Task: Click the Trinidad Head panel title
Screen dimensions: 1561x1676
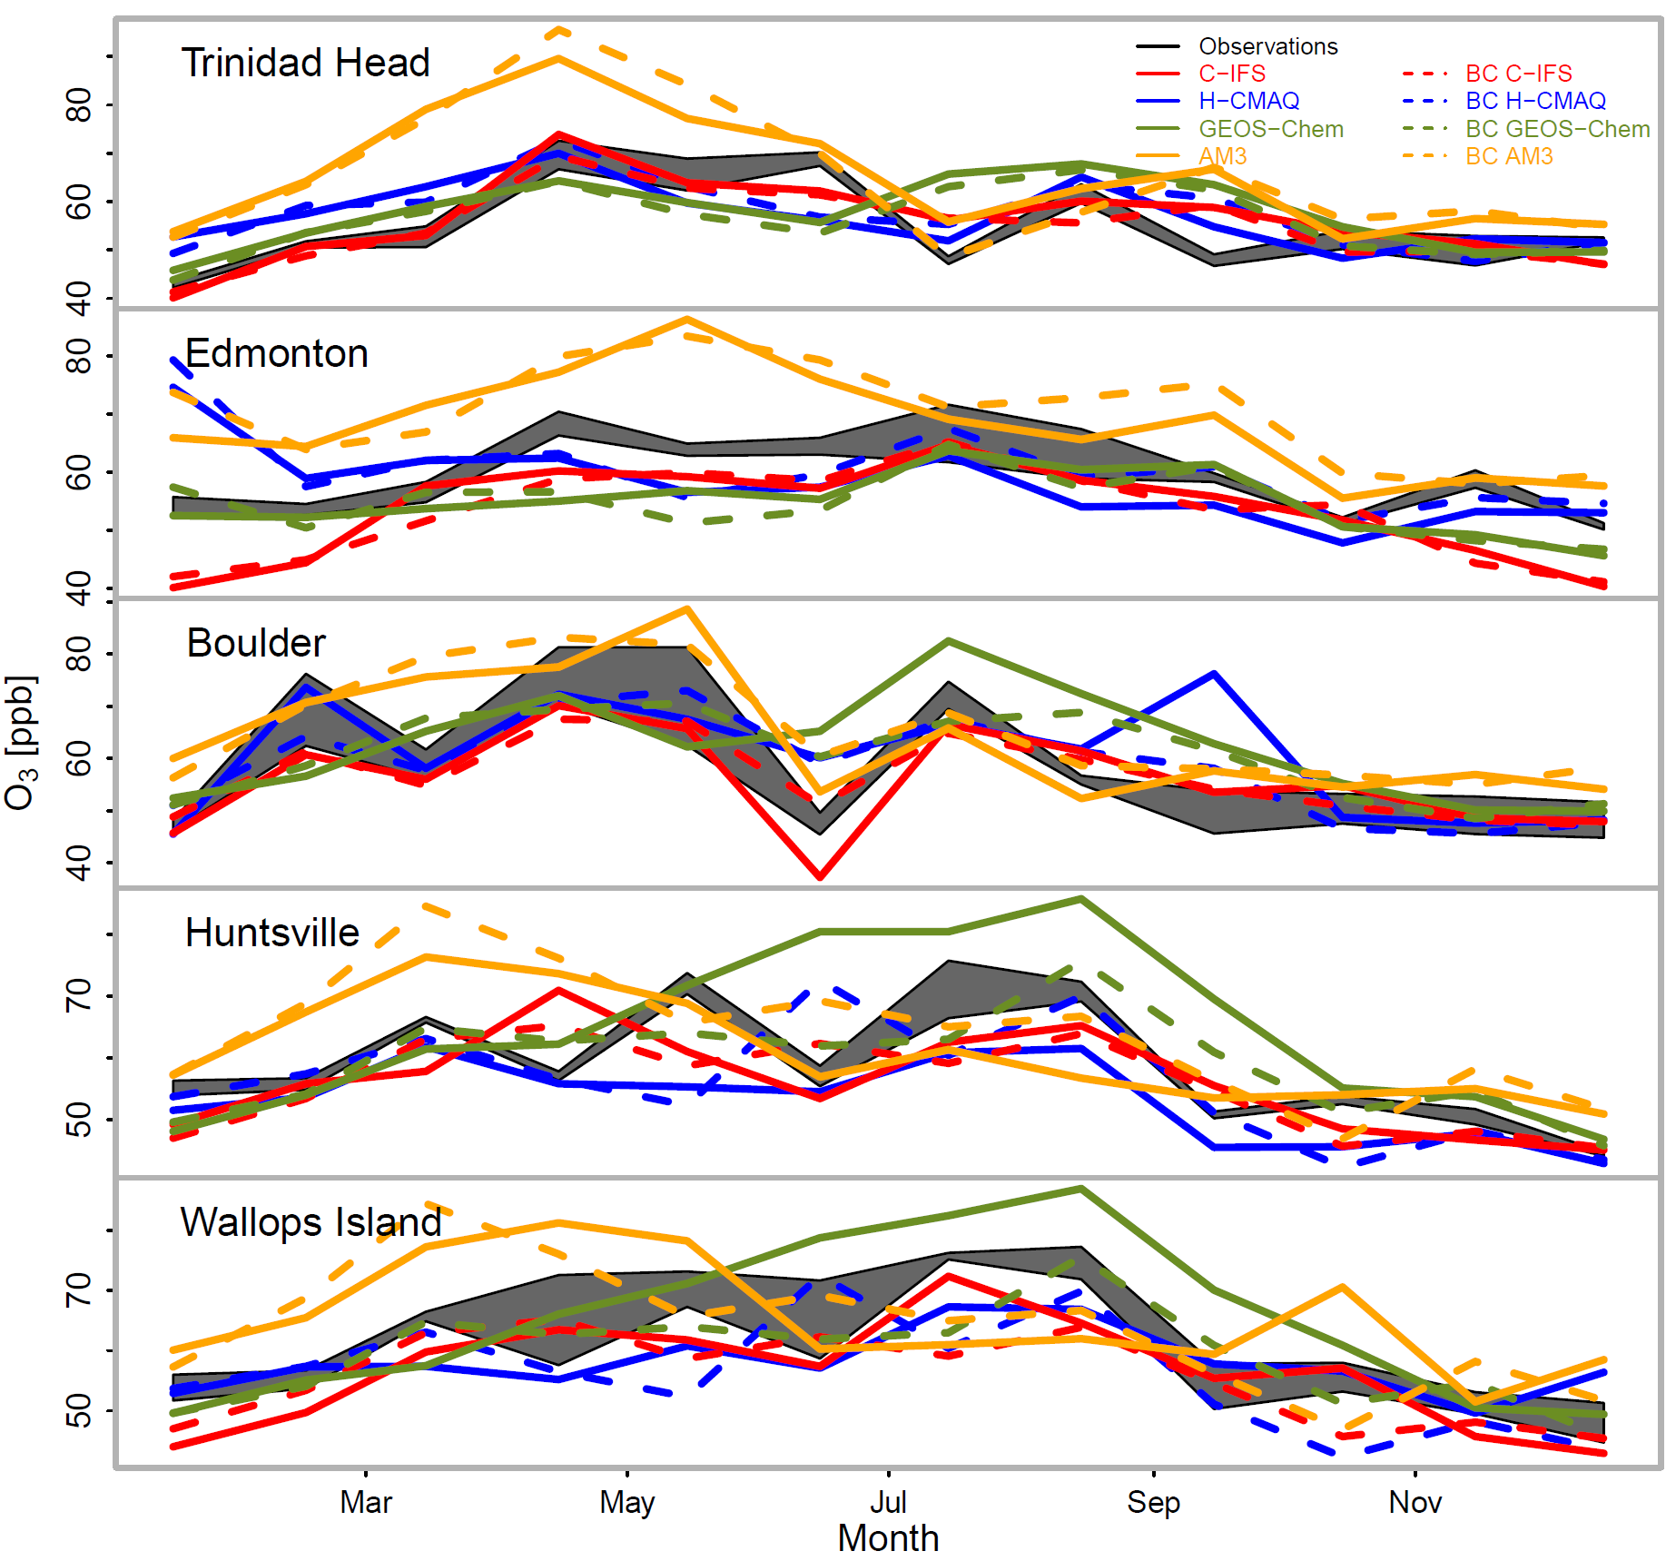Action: [305, 64]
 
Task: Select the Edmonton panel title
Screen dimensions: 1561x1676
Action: [276, 353]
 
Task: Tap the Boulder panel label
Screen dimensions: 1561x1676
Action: [255, 643]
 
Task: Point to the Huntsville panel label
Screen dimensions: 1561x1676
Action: [271, 933]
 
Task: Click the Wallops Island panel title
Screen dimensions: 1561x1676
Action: [311, 1222]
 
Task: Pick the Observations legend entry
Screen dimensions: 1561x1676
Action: [1267, 46]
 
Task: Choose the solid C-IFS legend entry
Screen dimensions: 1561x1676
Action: [1231, 74]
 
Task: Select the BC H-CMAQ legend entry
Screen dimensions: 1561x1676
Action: [1534, 101]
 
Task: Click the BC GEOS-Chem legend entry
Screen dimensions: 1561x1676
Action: [1557, 129]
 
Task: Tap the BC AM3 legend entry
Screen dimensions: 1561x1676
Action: [1508, 156]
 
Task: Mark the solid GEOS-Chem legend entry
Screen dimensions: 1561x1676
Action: [1270, 129]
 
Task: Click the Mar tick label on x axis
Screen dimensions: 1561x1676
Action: [365, 1503]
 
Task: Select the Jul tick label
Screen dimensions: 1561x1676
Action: [888, 1503]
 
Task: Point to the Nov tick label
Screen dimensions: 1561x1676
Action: [1415, 1503]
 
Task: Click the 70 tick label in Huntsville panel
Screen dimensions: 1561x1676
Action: [79, 996]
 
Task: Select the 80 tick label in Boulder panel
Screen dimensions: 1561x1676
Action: [79, 654]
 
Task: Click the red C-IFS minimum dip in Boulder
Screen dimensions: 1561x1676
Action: [820, 877]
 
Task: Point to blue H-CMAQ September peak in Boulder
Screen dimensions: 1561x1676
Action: [1214, 674]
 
